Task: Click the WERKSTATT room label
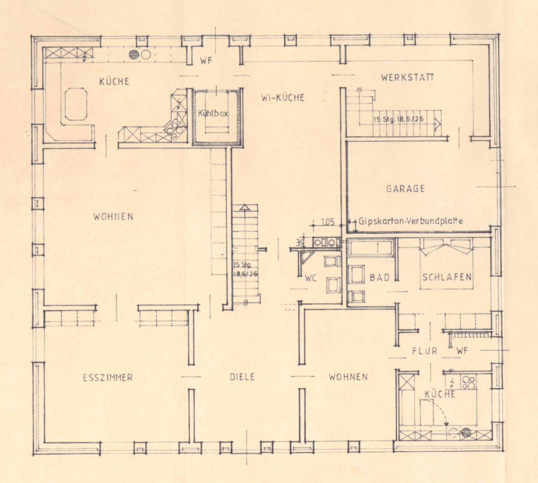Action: coord(407,77)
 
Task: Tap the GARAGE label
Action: coord(405,189)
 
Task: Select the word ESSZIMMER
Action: coord(108,378)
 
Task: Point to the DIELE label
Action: coord(242,377)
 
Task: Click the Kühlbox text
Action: coord(213,113)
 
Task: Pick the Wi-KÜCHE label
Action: coord(283,98)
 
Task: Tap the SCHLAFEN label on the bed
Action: coord(447,277)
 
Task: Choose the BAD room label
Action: coord(380,277)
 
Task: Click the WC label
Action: coord(310,278)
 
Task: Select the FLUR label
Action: coord(425,351)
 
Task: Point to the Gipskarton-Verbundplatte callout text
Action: coord(411,221)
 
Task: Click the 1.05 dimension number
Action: coord(328,222)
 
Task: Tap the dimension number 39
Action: coord(300,243)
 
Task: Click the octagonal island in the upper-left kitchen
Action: coord(76,104)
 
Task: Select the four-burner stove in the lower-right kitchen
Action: coord(469,383)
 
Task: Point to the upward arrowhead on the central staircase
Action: coord(244,207)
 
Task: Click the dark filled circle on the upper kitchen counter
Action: coord(134,54)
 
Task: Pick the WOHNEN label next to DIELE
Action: coord(348,377)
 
